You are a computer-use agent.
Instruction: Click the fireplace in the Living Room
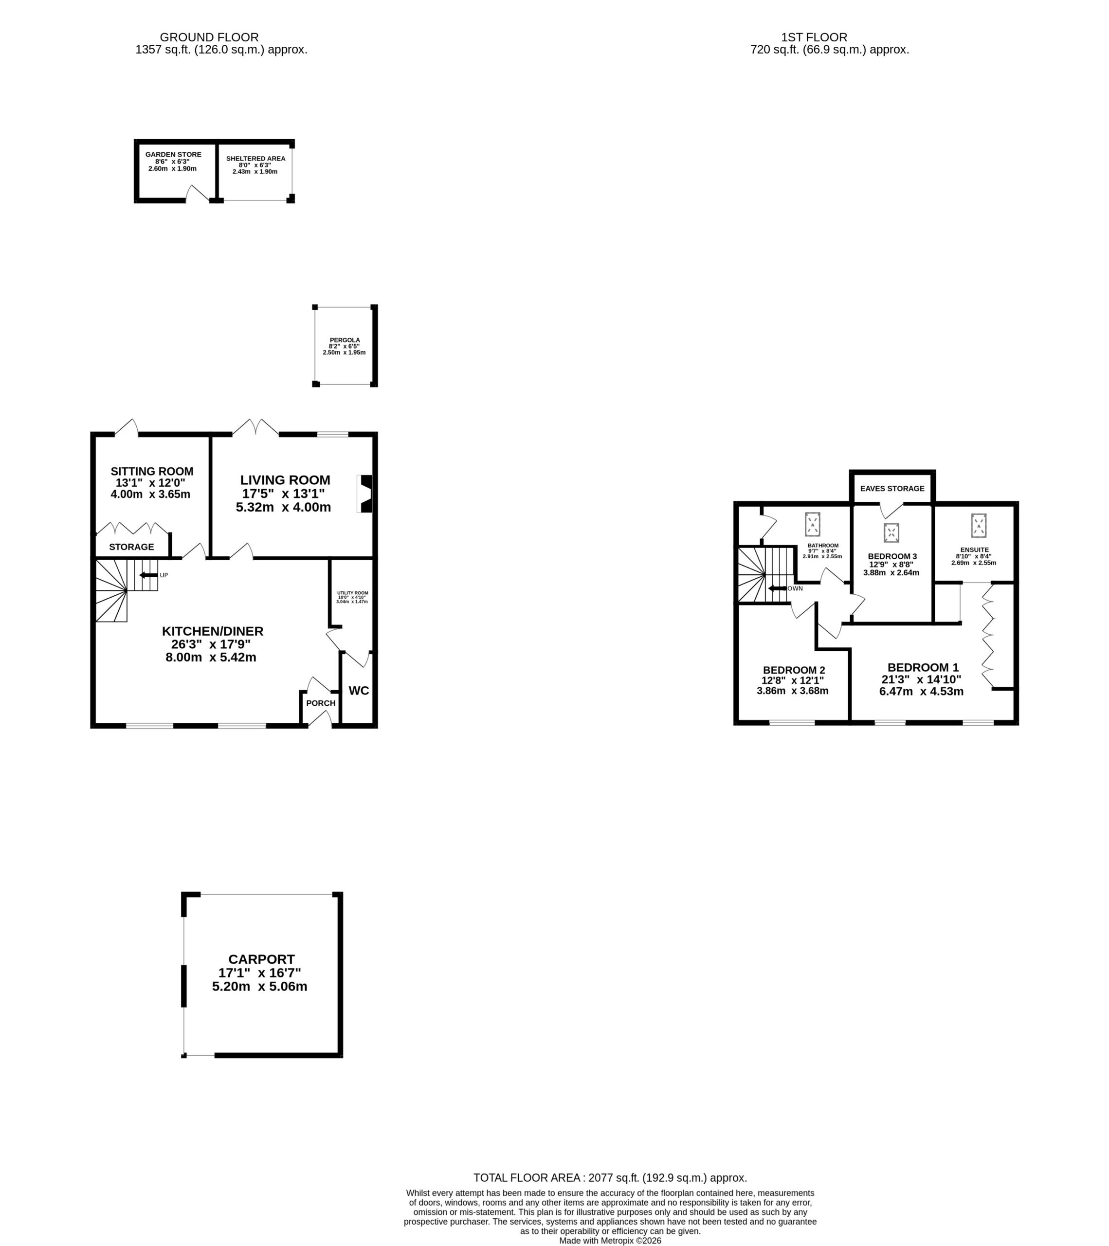(x=364, y=494)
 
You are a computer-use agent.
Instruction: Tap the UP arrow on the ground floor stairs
(x=149, y=575)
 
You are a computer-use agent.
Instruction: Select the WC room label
(x=359, y=691)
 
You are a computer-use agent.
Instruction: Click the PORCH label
(x=321, y=703)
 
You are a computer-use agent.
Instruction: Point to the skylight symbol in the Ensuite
(x=979, y=526)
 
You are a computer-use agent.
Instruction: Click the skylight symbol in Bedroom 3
(x=891, y=533)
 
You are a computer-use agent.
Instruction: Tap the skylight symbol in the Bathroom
(x=813, y=524)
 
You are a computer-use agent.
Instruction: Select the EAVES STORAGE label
(x=892, y=488)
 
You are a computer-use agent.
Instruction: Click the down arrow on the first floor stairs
(x=777, y=588)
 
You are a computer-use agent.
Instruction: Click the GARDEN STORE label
(x=173, y=155)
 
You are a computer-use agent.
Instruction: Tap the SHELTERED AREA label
(x=256, y=159)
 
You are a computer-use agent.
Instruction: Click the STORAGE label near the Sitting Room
(x=131, y=547)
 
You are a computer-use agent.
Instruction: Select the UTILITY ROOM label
(x=353, y=593)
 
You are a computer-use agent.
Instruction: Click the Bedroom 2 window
(x=792, y=723)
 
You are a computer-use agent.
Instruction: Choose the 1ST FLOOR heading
(x=814, y=37)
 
